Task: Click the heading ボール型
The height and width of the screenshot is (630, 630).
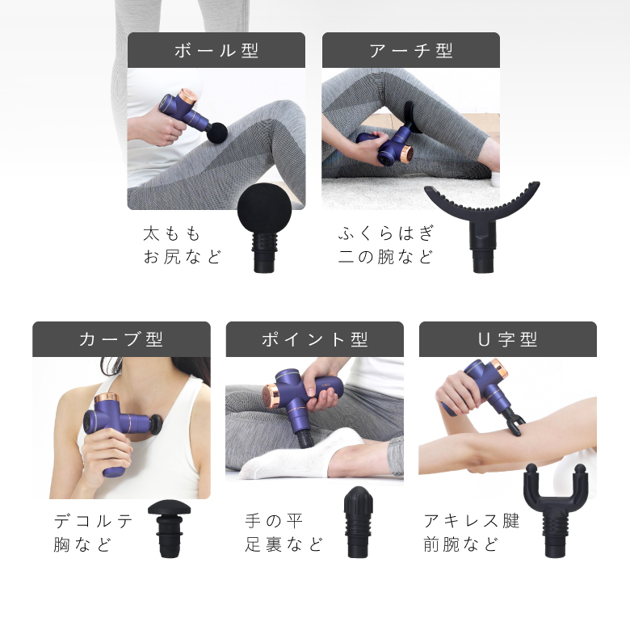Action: click(216, 50)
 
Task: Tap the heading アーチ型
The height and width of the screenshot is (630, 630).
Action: click(410, 50)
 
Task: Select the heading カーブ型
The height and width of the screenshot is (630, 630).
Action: click(121, 339)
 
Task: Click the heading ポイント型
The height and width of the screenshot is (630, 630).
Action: click(314, 339)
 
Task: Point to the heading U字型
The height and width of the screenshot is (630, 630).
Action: click(507, 339)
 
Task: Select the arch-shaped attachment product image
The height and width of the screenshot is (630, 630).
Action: click(481, 223)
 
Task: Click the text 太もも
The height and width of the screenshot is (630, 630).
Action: click(172, 234)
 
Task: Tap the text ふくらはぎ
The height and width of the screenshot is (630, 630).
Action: click(386, 234)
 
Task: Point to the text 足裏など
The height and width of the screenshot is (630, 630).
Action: click(284, 544)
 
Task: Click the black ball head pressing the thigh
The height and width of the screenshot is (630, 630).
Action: click(216, 131)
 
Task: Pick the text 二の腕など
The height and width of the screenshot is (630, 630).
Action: click(386, 258)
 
